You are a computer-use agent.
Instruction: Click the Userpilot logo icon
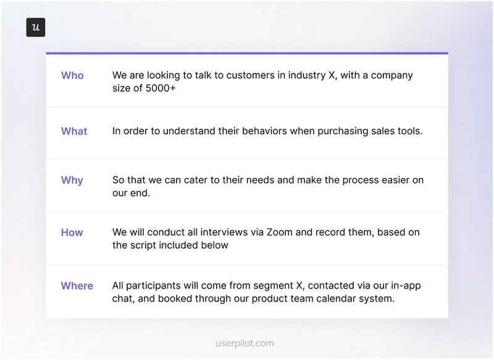click(36, 28)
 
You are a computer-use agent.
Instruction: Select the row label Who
click(72, 75)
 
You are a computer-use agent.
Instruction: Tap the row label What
click(74, 131)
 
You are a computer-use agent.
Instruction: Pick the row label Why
click(72, 180)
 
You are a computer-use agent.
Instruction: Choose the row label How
click(72, 233)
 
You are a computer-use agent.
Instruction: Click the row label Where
click(77, 286)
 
